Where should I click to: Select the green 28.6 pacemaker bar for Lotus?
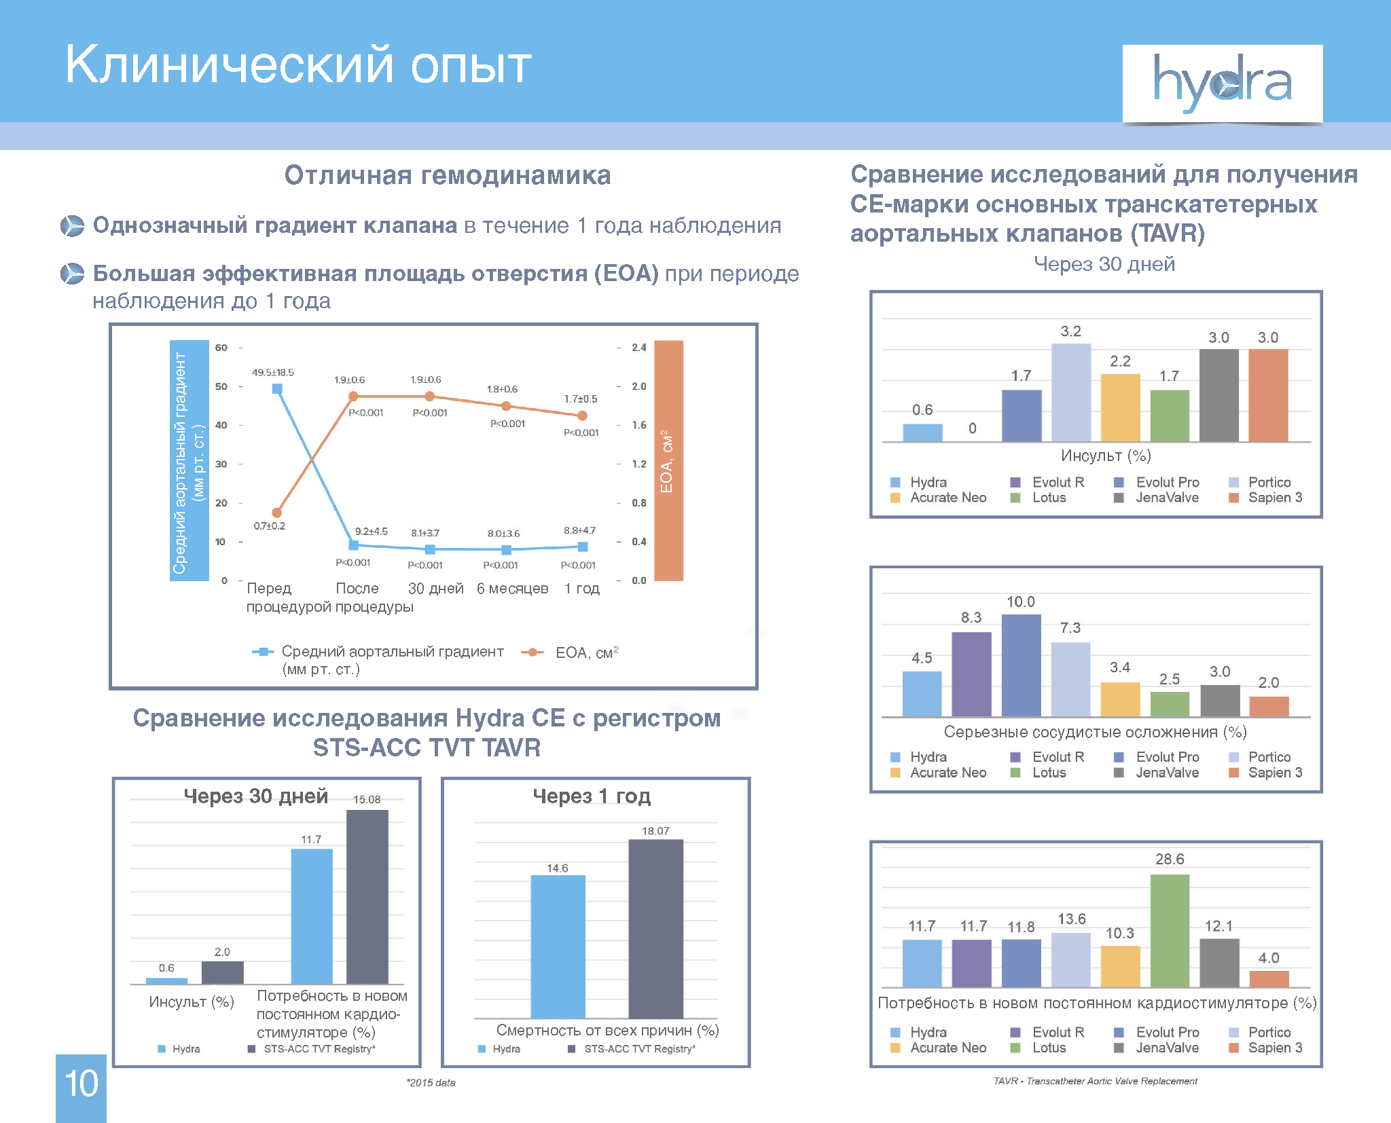1170,930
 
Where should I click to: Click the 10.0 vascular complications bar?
1021,665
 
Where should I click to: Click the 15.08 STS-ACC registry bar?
367,896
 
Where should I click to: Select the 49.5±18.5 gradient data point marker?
277,389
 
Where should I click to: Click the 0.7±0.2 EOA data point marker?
276,513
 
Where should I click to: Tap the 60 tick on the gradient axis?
221,348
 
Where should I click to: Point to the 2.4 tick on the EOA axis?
638,348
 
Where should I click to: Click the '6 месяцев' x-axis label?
512,589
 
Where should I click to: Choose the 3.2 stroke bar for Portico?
1070,392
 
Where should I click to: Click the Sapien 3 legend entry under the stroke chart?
1267,498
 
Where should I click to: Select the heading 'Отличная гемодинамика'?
448,175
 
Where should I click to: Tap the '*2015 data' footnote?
431,1082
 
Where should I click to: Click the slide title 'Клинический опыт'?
298,65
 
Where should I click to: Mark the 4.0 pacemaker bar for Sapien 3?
1269,978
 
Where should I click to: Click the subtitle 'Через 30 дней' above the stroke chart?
1104,264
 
